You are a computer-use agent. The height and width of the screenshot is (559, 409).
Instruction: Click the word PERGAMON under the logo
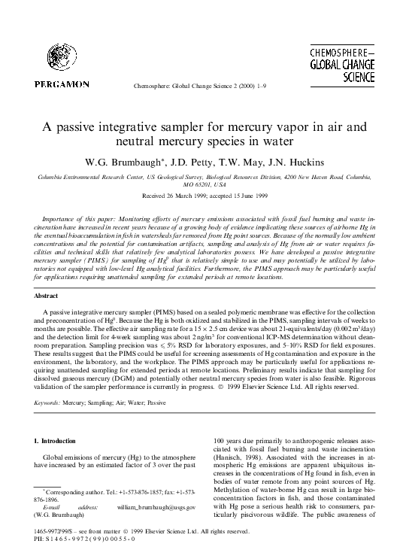(61, 85)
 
